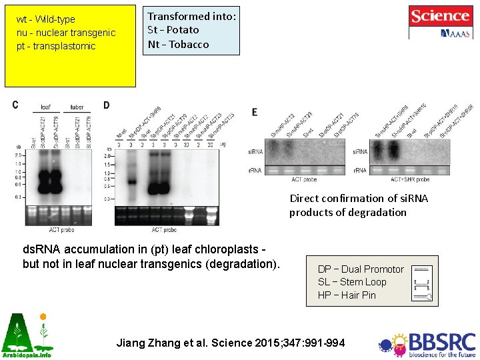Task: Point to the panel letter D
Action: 107,105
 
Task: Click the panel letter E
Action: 255,112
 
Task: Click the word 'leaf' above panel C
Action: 45,107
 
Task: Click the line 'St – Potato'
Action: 173,29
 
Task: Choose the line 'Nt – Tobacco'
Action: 178,44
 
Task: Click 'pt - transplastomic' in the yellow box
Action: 56,46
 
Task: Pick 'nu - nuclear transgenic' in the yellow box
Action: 66,33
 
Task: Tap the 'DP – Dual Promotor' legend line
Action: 361,269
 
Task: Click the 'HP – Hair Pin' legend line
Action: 347,295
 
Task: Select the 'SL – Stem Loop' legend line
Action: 352,281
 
